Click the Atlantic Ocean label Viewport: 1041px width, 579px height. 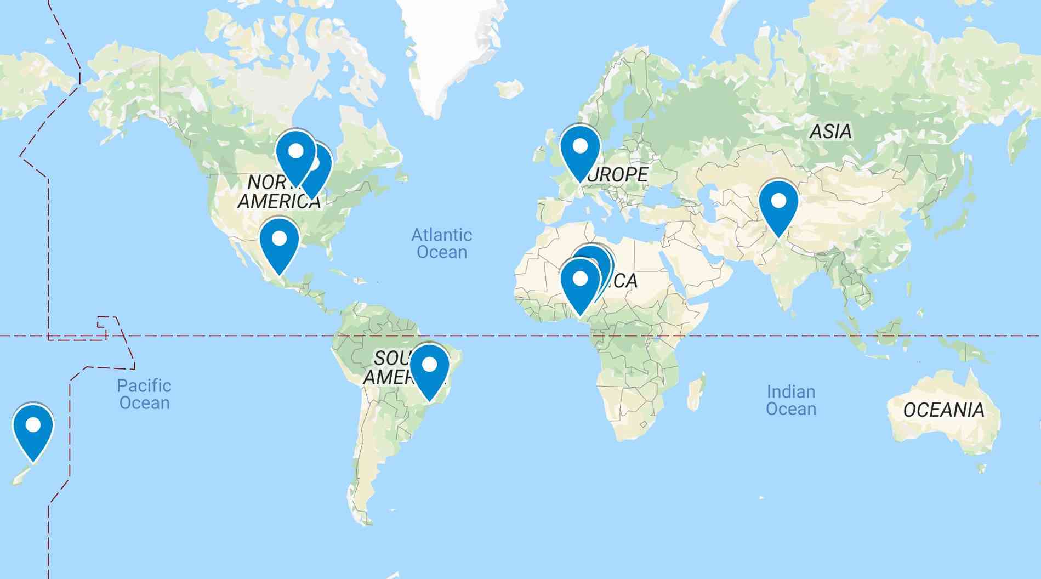tap(441, 243)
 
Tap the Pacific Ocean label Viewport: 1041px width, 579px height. tap(144, 394)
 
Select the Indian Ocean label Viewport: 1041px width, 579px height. tap(790, 400)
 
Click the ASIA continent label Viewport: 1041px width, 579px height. tap(830, 132)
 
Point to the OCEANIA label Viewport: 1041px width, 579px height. tap(943, 410)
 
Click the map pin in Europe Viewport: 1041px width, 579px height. tap(580, 149)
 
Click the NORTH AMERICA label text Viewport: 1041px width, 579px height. tap(278, 192)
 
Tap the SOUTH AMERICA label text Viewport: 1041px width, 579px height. tap(386, 368)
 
